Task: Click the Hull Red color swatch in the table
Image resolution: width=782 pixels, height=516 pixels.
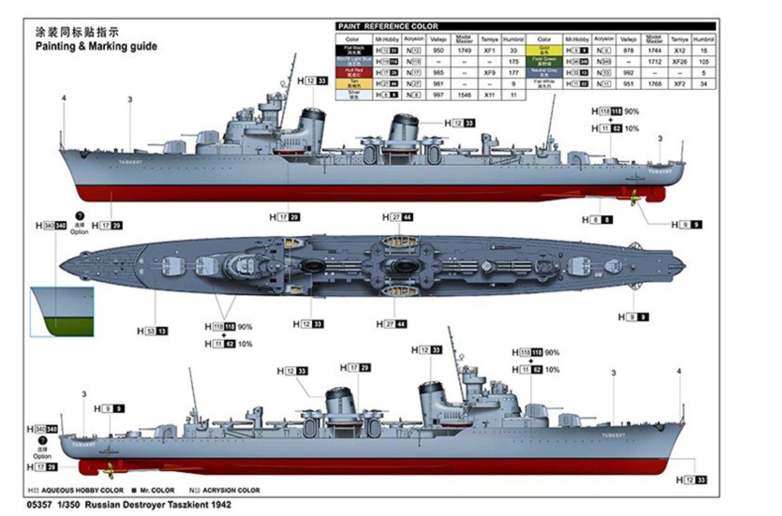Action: pyautogui.click(x=354, y=72)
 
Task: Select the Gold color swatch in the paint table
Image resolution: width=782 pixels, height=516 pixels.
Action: pyautogui.click(x=544, y=51)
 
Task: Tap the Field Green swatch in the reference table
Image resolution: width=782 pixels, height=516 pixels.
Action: pyautogui.click(x=544, y=61)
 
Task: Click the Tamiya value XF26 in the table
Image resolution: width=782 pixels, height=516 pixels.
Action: pyautogui.click(x=679, y=61)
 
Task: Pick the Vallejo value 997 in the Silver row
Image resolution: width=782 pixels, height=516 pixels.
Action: pyautogui.click(x=438, y=95)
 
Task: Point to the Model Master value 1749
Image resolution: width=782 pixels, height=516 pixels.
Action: pyautogui.click(x=464, y=51)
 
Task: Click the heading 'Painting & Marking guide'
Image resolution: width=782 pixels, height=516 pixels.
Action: pyautogui.click(x=96, y=46)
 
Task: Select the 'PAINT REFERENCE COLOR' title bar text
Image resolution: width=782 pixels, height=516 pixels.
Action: pyautogui.click(x=388, y=26)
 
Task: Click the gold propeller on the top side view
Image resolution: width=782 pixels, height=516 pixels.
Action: pyautogui.click(x=633, y=197)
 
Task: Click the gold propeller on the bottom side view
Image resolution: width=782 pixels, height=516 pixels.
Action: pyautogui.click(x=110, y=471)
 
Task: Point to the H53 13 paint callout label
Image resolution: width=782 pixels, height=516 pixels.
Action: pyautogui.click(x=153, y=331)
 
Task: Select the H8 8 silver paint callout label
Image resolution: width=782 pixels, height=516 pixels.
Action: pyautogui.click(x=597, y=220)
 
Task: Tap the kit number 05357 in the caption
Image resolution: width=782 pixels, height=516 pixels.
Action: pyautogui.click(x=39, y=505)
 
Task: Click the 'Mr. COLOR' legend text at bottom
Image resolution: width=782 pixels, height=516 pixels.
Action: pyautogui.click(x=157, y=490)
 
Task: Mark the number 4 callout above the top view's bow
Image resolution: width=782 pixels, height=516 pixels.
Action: pyautogui.click(x=64, y=98)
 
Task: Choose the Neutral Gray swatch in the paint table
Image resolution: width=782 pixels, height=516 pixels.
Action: pyautogui.click(x=544, y=72)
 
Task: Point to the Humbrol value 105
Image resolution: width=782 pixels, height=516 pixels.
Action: pyautogui.click(x=704, y=61)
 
